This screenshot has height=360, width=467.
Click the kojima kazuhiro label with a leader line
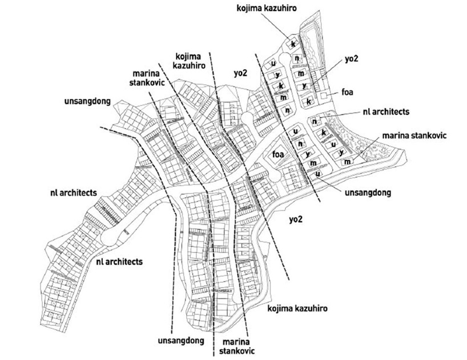267,8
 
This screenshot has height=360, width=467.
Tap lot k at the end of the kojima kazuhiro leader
292,45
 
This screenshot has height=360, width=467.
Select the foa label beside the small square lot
347,92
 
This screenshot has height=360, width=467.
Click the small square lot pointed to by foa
324,96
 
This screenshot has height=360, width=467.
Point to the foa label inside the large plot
278,154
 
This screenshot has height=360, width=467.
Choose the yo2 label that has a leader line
352,59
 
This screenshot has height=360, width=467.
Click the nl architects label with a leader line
386,112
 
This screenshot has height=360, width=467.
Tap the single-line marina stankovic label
414,135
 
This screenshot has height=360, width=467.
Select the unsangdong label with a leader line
368,193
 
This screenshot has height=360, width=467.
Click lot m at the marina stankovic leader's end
347,162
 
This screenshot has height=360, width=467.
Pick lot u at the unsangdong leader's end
317,174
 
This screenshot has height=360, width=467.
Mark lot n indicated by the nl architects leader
315,122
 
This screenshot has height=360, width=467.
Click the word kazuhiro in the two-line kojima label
189,65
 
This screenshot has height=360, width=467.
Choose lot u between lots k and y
333,145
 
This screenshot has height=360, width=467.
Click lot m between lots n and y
301,73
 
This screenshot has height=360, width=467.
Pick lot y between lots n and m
307,154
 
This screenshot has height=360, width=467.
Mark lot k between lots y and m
280,86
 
